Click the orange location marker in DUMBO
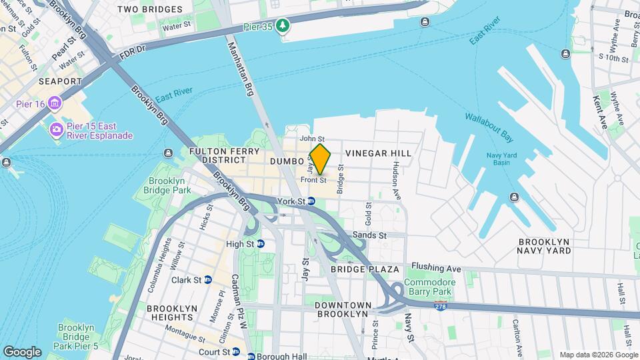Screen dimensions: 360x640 320,159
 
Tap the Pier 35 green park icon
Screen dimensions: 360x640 285,25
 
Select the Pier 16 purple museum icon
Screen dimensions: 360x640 54,104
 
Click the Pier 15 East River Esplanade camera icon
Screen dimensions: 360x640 56,129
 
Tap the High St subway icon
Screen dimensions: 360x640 260,244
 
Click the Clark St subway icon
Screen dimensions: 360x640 208,280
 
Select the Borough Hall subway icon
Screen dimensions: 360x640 251,356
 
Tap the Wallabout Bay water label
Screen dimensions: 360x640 489,128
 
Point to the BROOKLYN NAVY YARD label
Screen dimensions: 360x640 545,246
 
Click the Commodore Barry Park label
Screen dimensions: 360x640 431,287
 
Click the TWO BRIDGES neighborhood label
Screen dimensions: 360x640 149,9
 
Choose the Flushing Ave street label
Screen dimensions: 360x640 437,268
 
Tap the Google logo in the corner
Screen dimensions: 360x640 22,351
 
